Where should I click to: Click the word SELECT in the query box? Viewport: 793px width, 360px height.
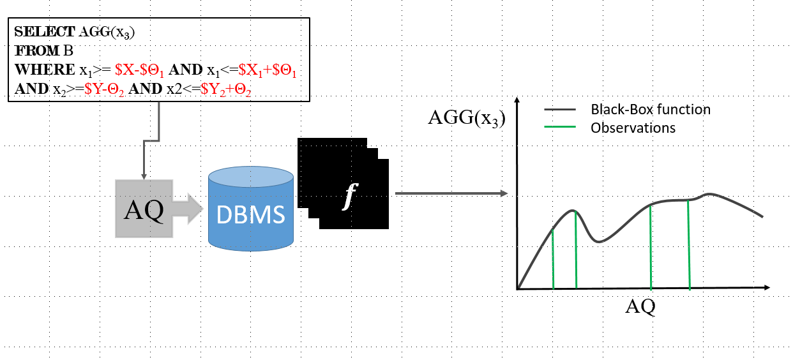44,31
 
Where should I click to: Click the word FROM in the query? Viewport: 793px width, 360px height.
32,50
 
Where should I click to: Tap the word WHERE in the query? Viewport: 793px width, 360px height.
43,70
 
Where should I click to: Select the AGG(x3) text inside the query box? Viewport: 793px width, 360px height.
107,31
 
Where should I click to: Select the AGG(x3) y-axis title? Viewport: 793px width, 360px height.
465,117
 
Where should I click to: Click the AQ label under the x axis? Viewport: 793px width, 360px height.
640,306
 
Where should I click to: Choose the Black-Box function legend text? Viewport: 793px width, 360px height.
650,109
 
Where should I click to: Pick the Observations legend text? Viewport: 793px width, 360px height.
633,128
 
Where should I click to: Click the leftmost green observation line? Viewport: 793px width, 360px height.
552,259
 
